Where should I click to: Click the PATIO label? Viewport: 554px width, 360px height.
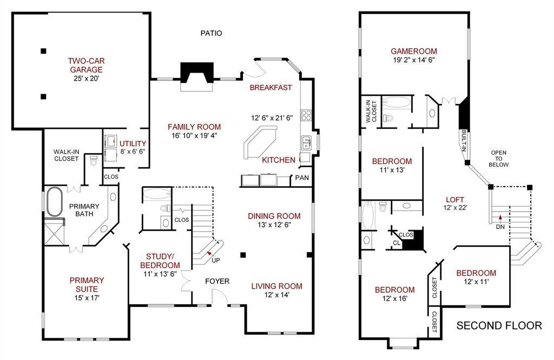click(x=212, y=33)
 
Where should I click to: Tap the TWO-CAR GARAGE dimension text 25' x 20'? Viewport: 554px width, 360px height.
click(x=86, y=78)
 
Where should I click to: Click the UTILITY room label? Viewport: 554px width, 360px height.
click(x=133, y=143)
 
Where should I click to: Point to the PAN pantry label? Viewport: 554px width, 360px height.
click(x=302, y=178)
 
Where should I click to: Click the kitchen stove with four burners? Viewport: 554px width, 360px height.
click(x=306, y=115)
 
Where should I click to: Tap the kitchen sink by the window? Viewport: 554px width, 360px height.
click(x=306, y=143)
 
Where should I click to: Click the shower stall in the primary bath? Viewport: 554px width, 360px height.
click(x=55, y=231)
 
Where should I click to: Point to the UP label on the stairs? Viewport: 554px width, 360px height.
click(x=215, y=260)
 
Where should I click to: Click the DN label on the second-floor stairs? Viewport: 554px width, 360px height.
click(x=500, y=227)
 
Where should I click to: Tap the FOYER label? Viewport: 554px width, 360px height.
click(x=217, y=281)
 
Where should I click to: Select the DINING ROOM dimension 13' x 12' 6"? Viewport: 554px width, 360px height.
click(x=274, y=225)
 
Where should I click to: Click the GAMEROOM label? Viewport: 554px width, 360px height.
click(x=414, y=51)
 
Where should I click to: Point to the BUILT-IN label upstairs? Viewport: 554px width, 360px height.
click(x=464, y=141)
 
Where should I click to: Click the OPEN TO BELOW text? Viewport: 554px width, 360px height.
click(x=498, y=159)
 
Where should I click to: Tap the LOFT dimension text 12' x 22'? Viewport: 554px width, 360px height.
click(x=455, y=208)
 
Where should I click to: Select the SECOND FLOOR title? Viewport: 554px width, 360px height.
click(x=499, y=325)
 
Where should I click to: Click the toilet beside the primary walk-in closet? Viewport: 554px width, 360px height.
click(x=94, y=161)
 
